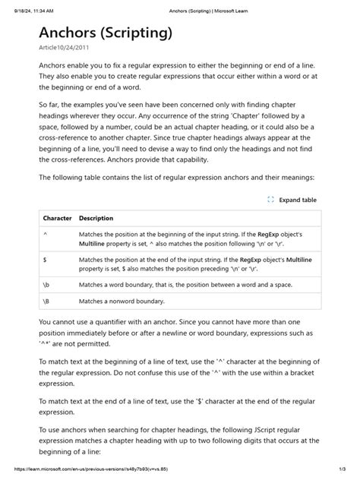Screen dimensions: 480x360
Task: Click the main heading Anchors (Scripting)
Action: point(106,33)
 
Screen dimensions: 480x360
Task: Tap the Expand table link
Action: point(298,200)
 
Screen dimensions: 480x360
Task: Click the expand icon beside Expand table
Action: point(270,200)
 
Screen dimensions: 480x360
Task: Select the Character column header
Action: point(57,218)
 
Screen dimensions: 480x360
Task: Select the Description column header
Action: point(96,218)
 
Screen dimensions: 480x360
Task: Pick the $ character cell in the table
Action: point(46,260)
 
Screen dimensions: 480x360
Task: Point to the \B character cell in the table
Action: point(48,302)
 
